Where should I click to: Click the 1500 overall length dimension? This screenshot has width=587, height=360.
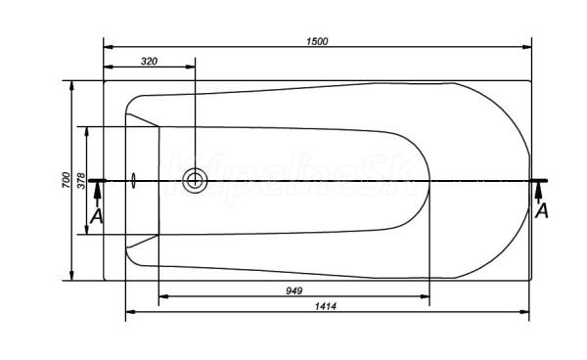(x=317, y=41)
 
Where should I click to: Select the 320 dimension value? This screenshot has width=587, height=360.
(x=149, y=61)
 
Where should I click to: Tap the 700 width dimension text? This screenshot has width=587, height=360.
(x=66, y=180)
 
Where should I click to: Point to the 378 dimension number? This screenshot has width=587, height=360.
(x=81, y=180)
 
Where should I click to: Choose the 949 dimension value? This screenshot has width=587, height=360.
(x=293, y=291)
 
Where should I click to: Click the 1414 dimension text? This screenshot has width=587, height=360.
(x=326, y=306)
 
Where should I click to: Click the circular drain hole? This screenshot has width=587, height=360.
(x=195, y=181)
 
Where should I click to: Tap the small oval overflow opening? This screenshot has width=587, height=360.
(x=134, y=181)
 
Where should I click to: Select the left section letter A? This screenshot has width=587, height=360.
(x=97, y=216)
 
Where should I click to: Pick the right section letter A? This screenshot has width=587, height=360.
(x=541, y=210)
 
